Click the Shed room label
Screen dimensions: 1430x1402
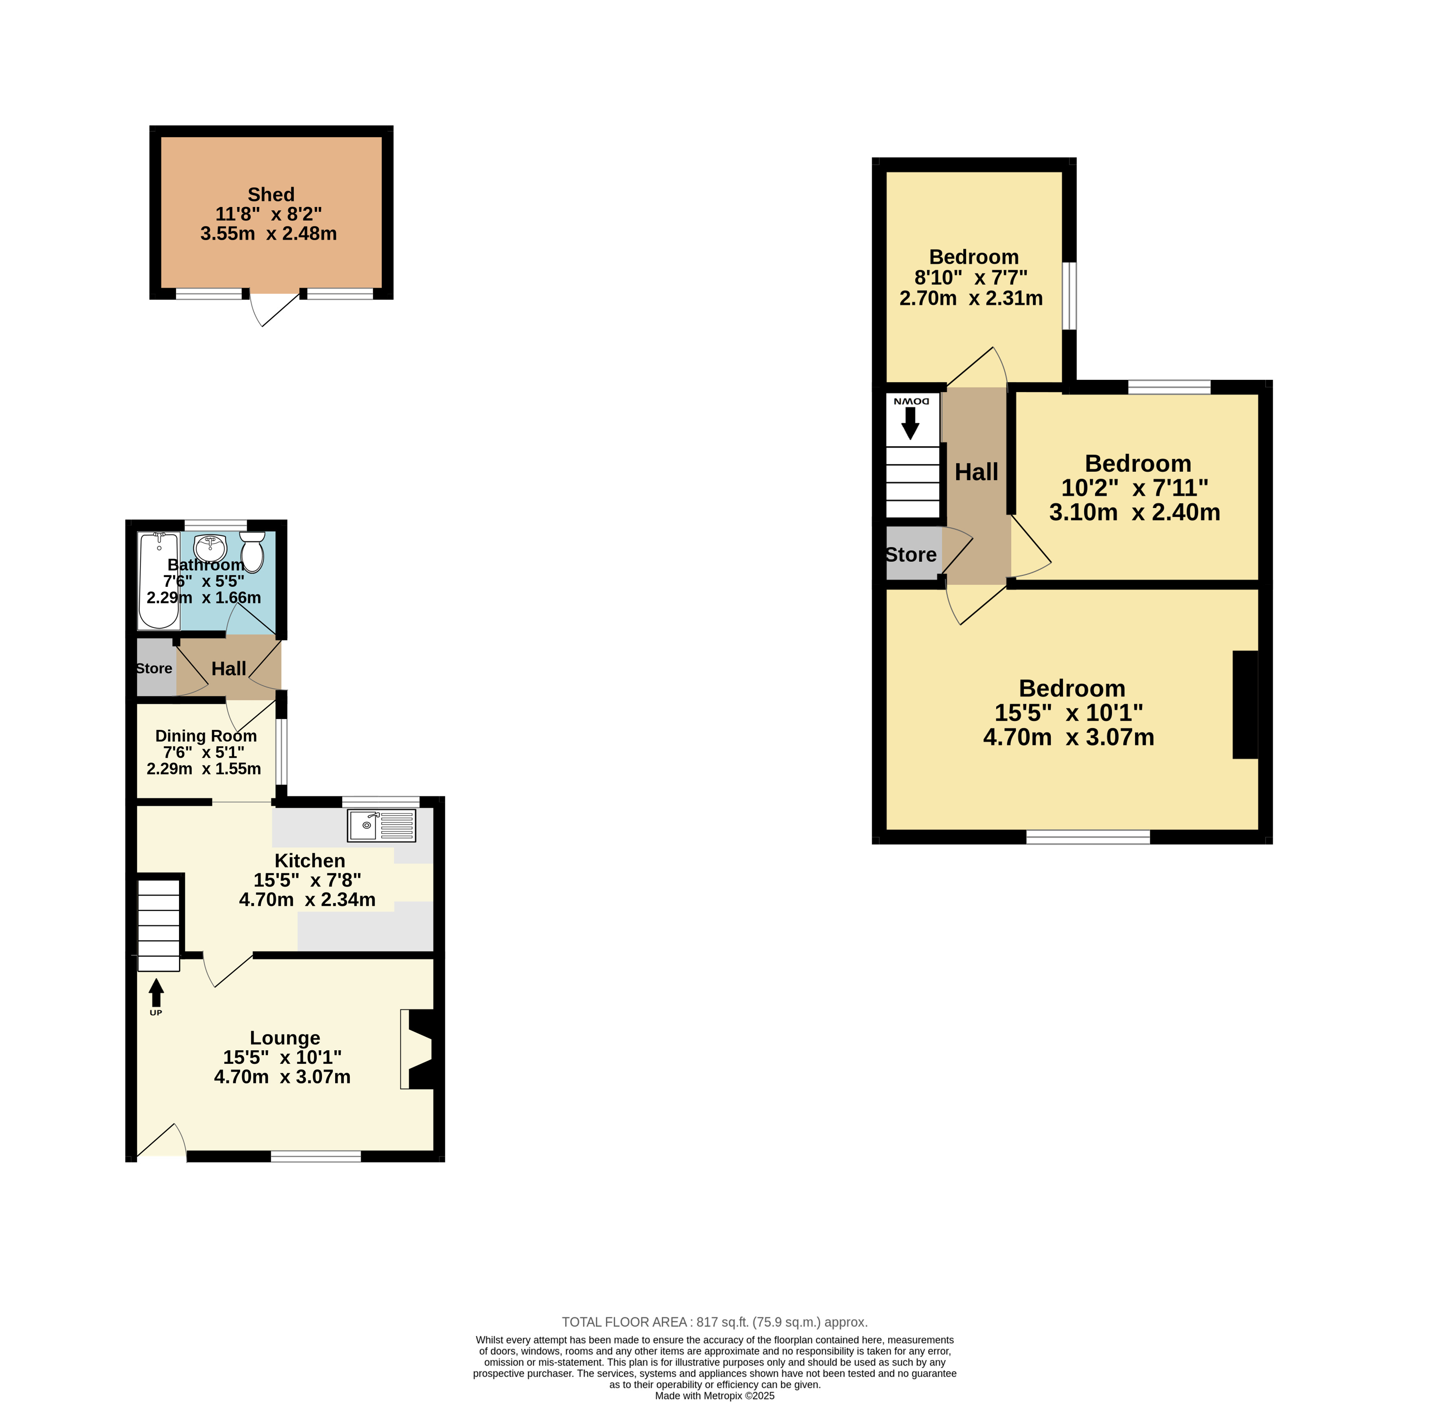[x=271, y=194]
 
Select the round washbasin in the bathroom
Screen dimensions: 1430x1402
[x=210, y=548]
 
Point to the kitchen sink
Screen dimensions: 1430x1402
[x=381, y=825]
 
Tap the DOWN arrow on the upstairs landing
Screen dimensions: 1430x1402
[x=911, y=424]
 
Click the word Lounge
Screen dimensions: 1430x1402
[x=285, y=1038]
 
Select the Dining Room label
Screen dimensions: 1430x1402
[x=206, y=736]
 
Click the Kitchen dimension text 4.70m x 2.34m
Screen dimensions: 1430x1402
[x=307, y=899]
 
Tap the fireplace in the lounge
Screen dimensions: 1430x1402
[x=417, y=1049]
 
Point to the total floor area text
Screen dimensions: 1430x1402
[x=715, y=1322]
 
